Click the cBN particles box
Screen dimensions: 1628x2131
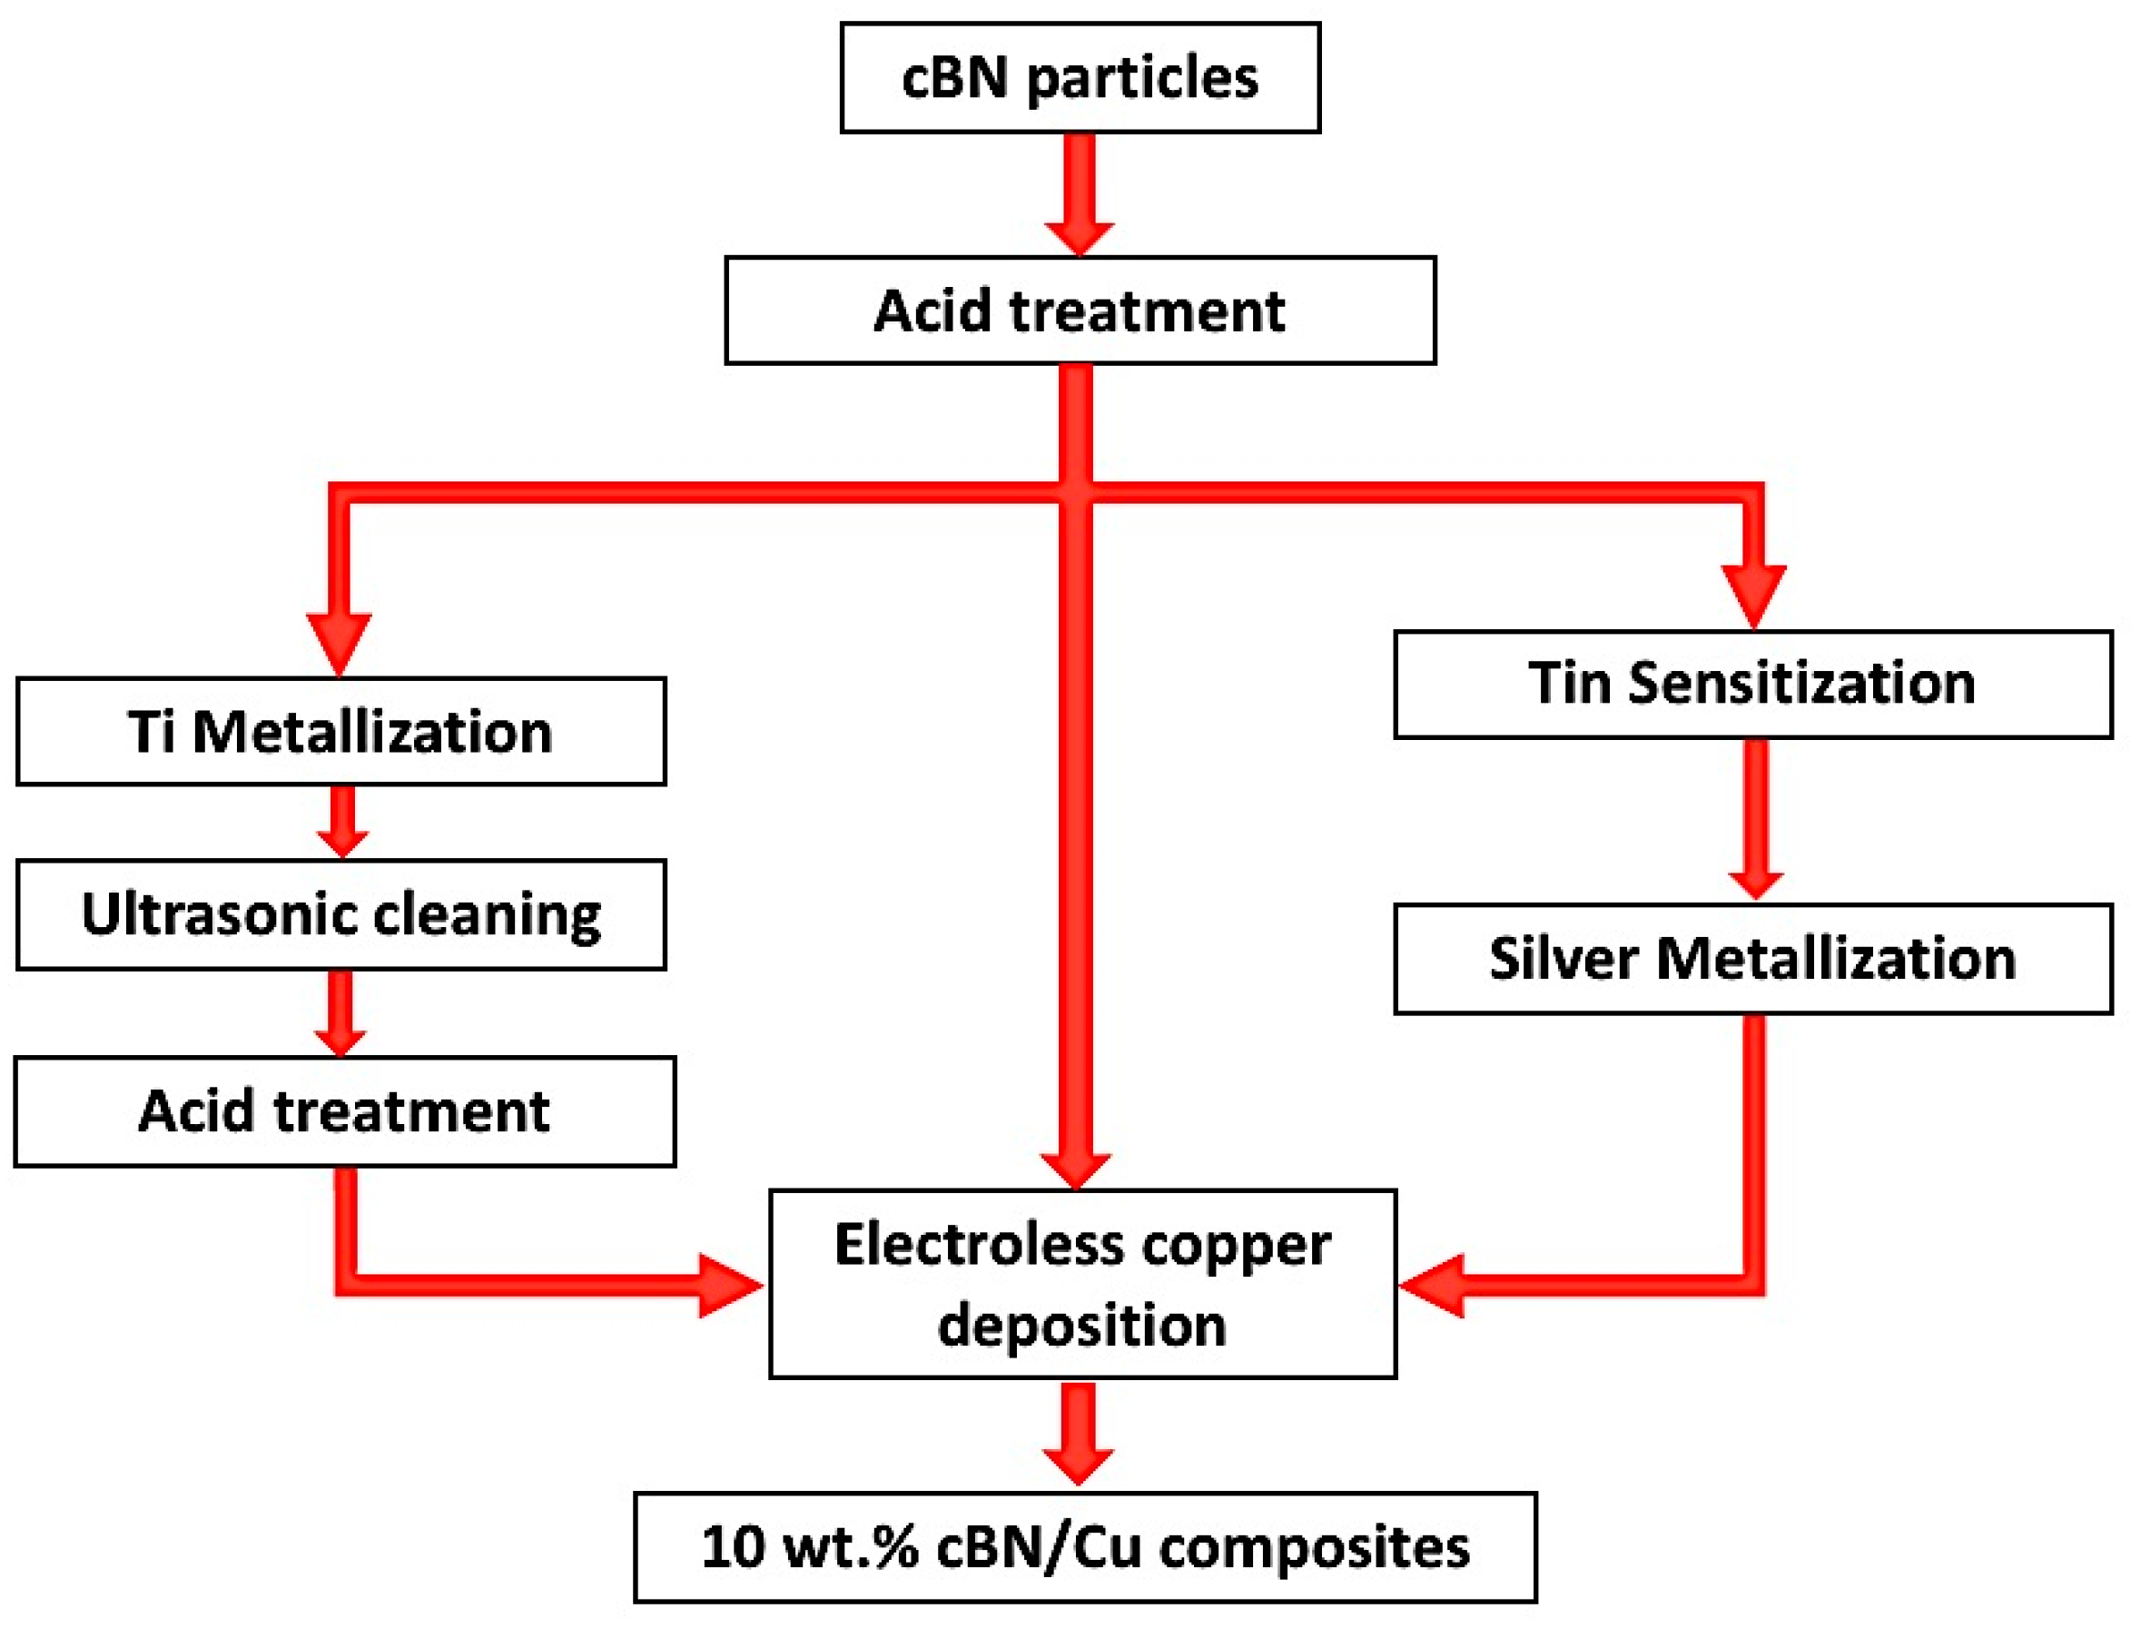click(1079, 77)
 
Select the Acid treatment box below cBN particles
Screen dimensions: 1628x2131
click(1079, 311)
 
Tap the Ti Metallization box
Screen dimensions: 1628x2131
click(340, 731)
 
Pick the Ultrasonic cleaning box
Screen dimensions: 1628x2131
click(340, 913)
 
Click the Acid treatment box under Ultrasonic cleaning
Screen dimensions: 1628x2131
click(344, 1110)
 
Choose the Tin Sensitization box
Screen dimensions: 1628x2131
click(1752, 683)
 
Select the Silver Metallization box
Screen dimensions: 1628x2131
click(1752, 959)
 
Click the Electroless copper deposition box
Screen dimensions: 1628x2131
click(1081, 1283)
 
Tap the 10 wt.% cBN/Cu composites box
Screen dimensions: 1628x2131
click(1084, 1546)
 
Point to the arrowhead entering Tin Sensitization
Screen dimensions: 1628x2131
click(1753, 595)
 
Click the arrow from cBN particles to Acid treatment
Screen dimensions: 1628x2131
click(1079, 193)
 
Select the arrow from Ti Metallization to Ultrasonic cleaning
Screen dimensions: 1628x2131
click(341, 821)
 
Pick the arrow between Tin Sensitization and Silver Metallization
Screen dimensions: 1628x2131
click(1754, 820)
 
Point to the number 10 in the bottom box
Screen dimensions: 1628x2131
click(732, 1546)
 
